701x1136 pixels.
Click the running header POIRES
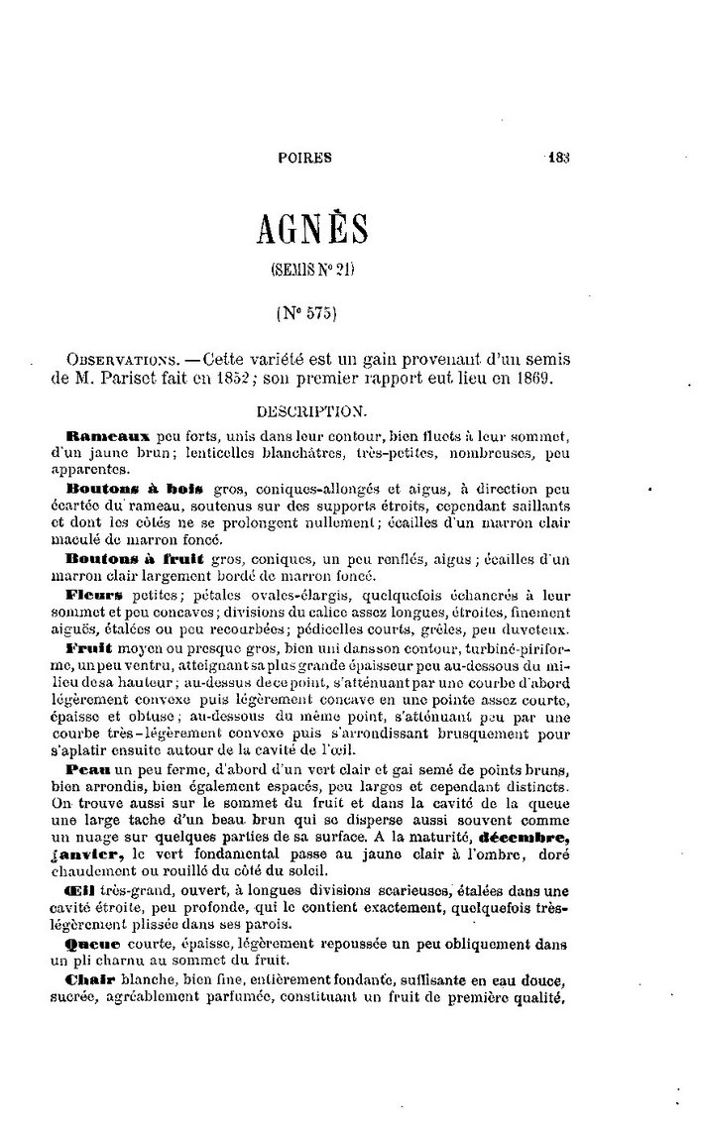click(304, 156)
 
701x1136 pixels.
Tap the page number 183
click(560, 155)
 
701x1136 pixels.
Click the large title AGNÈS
click(312, 228)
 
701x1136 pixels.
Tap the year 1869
click(546, 380)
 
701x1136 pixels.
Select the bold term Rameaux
click(107, 436)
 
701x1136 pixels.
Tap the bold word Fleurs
click(94, 596)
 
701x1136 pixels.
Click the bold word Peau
click(87, 770)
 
